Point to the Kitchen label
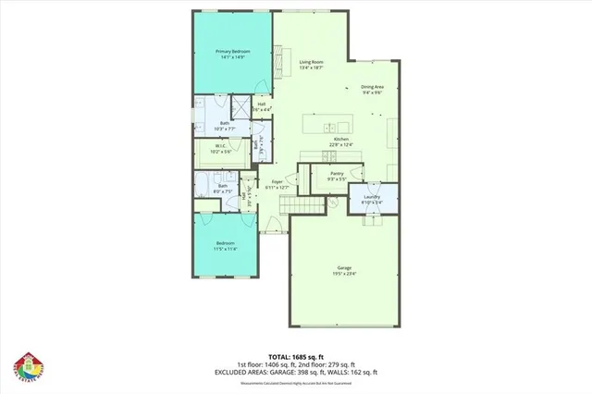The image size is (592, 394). (x=341, y=139)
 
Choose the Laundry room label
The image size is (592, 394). (x=373, y=196)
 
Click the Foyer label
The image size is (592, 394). (x=277, y=181)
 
